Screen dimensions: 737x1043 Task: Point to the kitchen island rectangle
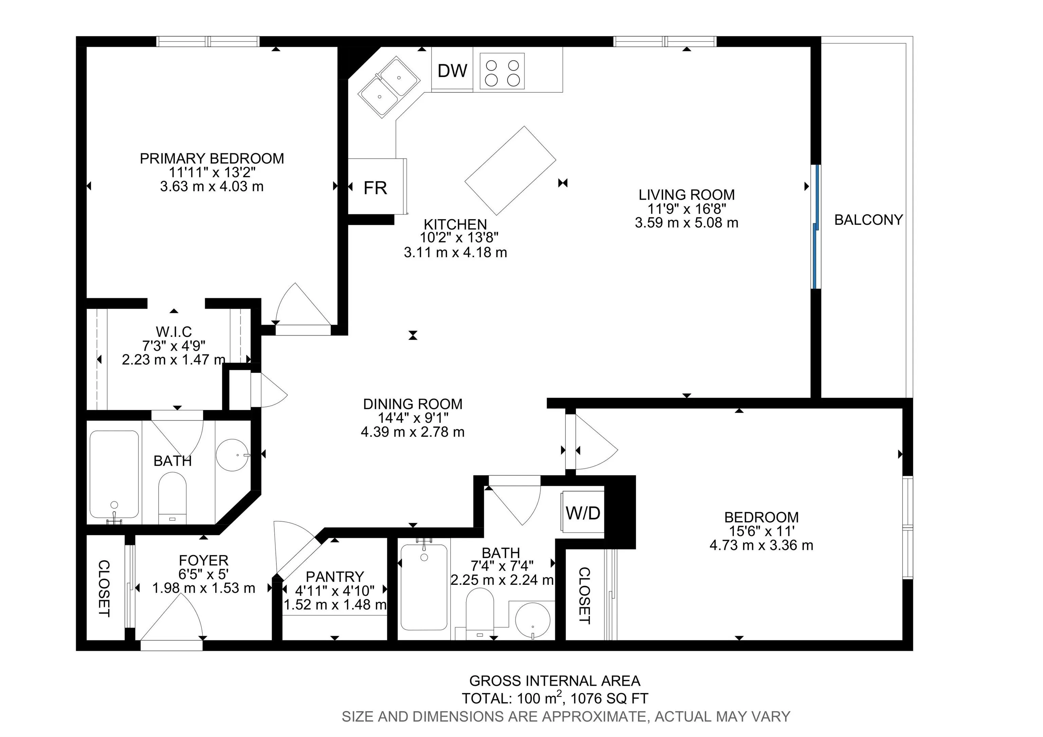coord(510,170)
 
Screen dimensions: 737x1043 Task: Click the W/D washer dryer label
coord(583,513)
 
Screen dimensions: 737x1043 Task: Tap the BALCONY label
coord(868,220)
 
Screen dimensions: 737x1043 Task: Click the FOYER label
coord(203,560)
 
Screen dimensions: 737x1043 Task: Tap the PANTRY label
coord(335,577)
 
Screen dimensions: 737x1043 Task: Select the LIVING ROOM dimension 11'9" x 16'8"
coord(687,209)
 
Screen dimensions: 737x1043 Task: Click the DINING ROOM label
coord(413,404)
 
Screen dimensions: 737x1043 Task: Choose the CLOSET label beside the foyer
coord(104,589)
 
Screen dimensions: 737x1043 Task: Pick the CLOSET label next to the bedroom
coord(584,595)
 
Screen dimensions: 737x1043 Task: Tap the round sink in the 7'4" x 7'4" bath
coord(532,620)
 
